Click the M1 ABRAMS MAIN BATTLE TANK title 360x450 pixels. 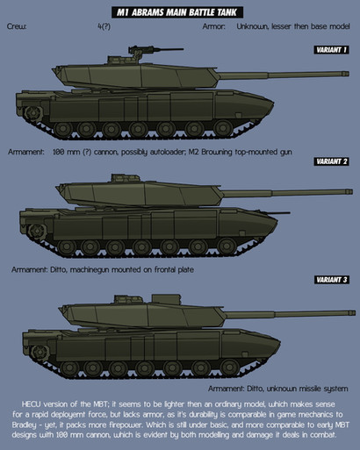click(x=177, y=12)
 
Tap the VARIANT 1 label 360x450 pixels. click(x=331, y=50)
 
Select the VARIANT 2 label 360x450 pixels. click(x=331, y=161)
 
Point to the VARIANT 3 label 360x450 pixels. click(x=331, y=280)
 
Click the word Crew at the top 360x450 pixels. click(x=17, y=26)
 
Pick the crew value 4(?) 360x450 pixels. click(x=104, y=26)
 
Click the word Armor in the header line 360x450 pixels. click(x=213, y=26)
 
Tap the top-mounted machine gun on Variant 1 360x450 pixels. click(x=155, y=50)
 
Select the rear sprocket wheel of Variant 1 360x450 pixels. click(x=33, y=112)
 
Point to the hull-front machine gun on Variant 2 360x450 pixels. click(x=277, y=213)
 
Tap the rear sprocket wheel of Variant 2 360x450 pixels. click(x=37, y=231)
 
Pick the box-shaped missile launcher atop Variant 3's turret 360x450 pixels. click(x=166, y=299)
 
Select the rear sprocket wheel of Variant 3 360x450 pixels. click(x=40, y=352)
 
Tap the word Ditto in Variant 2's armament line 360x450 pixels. click(x=60, y=269)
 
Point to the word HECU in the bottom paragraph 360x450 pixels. click(x=31, y=404)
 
